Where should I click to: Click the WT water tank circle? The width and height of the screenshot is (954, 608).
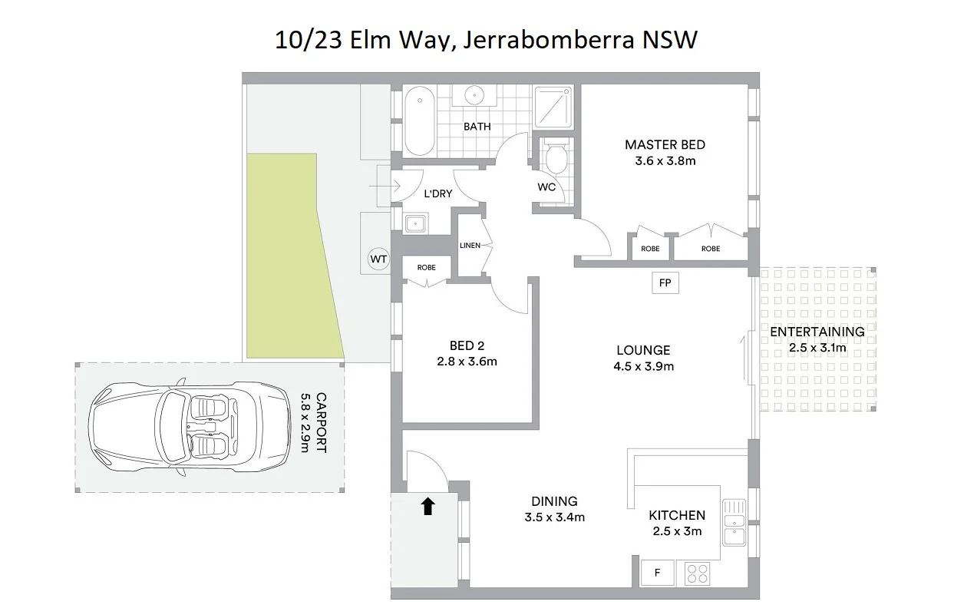point(378,259)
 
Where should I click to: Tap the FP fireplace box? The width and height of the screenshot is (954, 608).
point(665,283)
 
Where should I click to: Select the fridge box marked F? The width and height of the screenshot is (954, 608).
point(657,573)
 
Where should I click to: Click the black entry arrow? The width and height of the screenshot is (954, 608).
point(427,506)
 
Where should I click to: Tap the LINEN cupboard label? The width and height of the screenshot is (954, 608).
point(470,246)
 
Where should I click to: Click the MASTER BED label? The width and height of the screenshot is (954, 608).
point(665,144)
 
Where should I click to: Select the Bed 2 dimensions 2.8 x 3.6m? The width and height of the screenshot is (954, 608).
point(467,362)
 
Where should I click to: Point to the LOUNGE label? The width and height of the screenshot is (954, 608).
point(643,350)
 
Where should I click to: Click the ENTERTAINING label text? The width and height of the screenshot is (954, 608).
point(817,332)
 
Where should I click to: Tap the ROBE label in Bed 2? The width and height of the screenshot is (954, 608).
point(426,268)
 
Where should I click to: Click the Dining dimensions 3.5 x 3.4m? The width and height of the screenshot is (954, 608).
point(554,517)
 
